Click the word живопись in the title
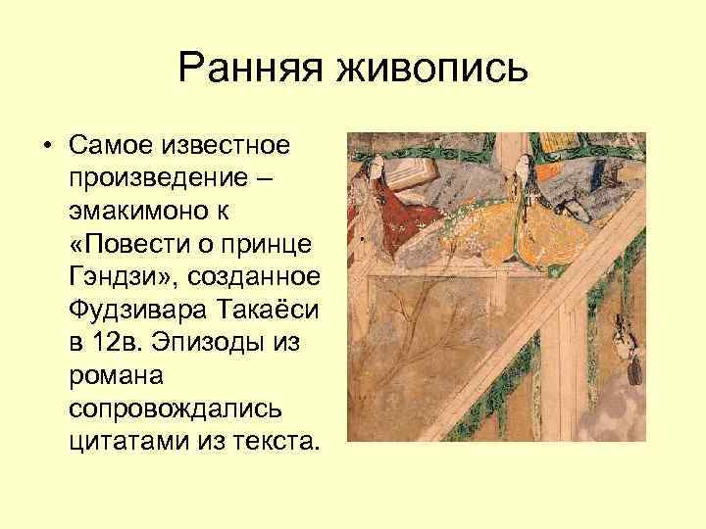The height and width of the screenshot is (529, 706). [x=433, y=70]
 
